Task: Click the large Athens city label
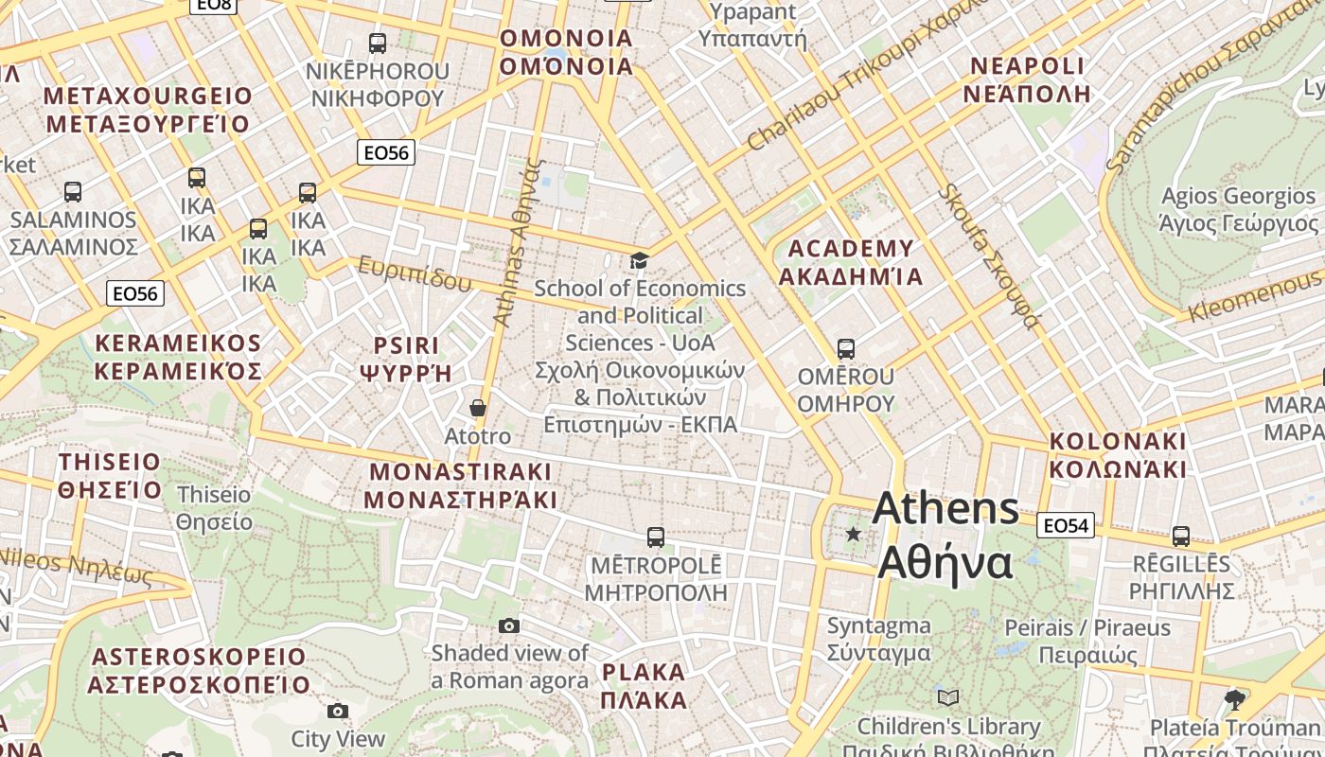(945, 536)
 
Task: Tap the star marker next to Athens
(854, 534)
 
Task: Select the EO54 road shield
(1065, 525)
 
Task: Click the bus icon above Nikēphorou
(377, 43)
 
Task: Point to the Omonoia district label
(566, 52)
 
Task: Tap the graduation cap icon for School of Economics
(640, 260)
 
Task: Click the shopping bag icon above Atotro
(478, 408)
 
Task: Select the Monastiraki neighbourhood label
(460, 485)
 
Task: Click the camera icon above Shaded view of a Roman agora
(509, 625)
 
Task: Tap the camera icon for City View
(338, 711)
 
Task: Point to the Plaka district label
(644, 686)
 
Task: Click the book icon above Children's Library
(948, 698)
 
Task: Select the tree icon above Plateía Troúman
(1234, 700)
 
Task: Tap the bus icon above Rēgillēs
(1181, 536)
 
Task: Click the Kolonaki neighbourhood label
(1118, 455)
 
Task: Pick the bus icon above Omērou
(846, 348)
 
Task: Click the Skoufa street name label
(988, 256)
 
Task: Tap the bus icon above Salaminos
(73, 191)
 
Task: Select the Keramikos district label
(178, 357)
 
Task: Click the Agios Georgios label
(1239, 209)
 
